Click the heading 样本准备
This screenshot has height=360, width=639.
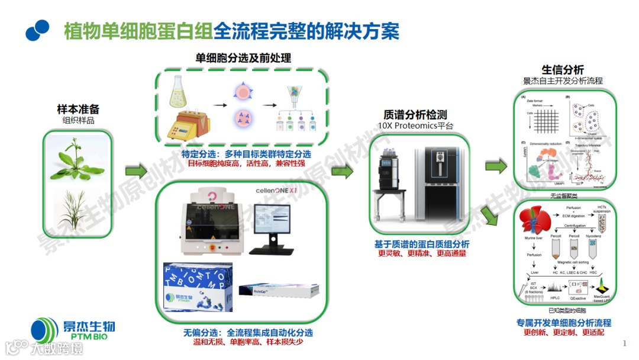[x=78, y=109]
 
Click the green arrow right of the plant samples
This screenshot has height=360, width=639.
[x=135, y=172]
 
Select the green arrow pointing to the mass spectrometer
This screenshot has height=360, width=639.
[x=341, y=172]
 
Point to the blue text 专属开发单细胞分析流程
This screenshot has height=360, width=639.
[x=563, y=323]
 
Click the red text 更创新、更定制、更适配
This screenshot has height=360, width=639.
[x=563, y=333]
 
